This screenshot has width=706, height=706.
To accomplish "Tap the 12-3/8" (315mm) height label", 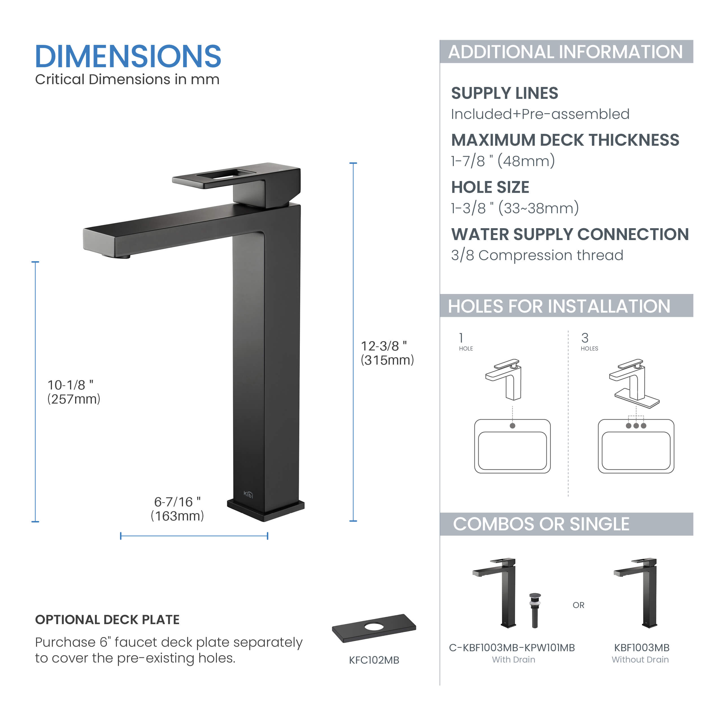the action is pos(387,353).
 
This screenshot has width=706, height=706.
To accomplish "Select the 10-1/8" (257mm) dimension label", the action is pos(74,392).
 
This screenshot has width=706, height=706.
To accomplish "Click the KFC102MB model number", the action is pos(374,660).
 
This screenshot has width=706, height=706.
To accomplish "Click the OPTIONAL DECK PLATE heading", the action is pos(107,620).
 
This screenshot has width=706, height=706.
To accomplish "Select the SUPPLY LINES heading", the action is pos(505,93).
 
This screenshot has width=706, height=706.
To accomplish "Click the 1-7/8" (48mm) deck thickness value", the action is pos(503,161).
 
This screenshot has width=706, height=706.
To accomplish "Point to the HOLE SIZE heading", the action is pos(490,187).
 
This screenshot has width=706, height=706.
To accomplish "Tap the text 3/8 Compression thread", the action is pos(537,255).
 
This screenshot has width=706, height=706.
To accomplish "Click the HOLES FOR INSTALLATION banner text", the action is pos(559,306).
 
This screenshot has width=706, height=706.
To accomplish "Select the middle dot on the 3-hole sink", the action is pos(636,426).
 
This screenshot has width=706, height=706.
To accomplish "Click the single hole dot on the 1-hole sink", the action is pos(512,426).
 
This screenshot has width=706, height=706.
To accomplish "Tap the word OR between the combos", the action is pos(578,605).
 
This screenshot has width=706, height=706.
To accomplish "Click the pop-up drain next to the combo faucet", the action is pos(535,611).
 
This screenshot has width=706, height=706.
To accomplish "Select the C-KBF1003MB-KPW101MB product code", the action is pos(512,648).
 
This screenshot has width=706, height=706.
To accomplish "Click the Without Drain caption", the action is pos(640,660).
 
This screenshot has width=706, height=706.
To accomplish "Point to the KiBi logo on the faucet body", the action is pos(248,494).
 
